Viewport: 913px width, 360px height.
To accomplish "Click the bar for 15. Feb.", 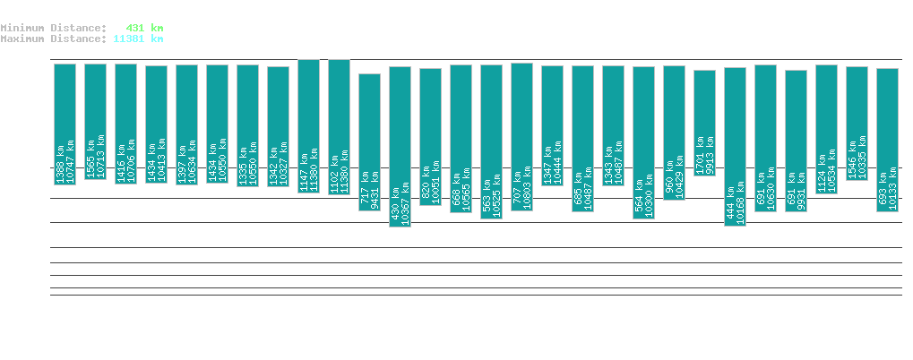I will (400, 147).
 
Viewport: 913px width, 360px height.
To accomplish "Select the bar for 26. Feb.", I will (735, 147).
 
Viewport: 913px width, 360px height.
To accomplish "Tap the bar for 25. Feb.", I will (704, 123).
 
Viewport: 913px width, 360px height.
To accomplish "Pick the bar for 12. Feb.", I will (308, 126).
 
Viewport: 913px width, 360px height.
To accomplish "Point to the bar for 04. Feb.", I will (65, 124).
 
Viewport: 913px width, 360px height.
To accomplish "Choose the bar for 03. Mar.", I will (887, 140).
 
